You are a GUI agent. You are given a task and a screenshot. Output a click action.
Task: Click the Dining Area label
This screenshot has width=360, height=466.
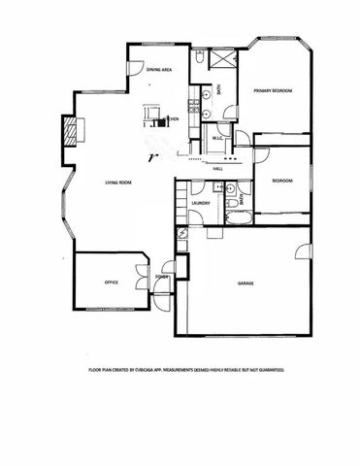(159, 70)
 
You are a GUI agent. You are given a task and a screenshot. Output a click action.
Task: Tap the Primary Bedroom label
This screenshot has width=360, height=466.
(274, 90)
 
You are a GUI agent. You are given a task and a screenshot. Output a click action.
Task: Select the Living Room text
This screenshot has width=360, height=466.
(119, 182)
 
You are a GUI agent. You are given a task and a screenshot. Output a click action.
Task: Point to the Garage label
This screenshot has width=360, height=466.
(246, 283)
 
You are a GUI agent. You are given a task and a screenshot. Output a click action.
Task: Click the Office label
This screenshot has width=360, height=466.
(112, 282)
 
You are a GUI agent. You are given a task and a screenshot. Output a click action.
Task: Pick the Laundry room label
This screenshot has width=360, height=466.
(201, 203)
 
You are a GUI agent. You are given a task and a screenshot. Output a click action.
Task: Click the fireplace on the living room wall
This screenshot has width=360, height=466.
(69, 129)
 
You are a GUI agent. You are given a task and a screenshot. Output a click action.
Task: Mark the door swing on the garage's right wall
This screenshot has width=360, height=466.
(303, 254)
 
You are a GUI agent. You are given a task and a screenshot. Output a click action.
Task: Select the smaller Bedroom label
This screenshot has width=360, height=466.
(282, 182)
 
